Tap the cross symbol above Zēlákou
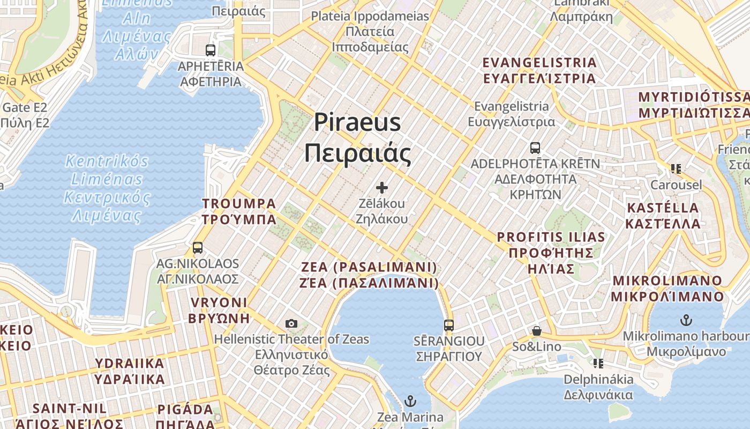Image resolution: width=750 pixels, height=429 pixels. click(382, 188)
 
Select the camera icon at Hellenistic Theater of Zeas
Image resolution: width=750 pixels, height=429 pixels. click(291, 323)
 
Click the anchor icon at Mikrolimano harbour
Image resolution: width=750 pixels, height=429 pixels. click(686, 320)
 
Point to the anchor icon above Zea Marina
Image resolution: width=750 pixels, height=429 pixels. click(410, 401)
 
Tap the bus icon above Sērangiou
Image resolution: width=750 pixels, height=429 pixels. click(449, 325)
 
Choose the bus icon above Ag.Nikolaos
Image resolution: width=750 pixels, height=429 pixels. click(198, 248)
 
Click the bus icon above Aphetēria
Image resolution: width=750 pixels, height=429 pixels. click(211, 50)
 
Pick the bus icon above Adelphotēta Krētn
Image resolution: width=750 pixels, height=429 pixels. click(535, 148)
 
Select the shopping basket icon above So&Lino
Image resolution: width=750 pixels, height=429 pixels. click(537, 331)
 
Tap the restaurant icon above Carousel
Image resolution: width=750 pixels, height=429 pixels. click(676, 169)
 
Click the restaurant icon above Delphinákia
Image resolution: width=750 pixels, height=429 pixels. click(598, 364)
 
